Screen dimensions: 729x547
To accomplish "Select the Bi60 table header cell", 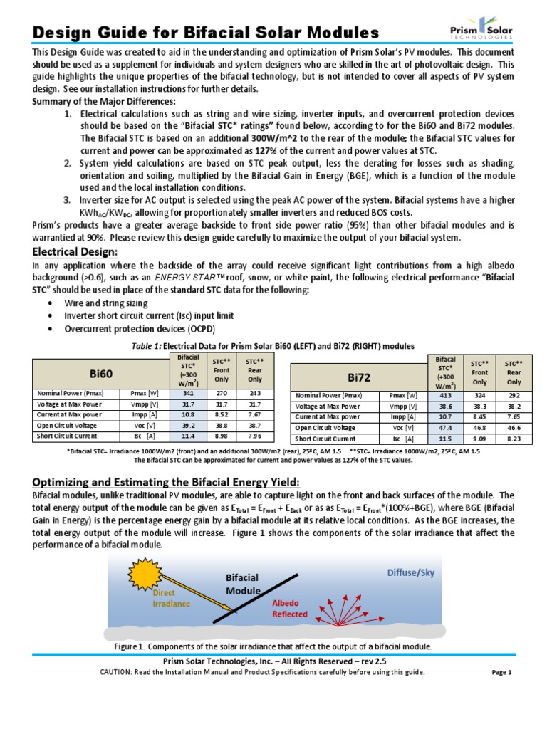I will point(101,372).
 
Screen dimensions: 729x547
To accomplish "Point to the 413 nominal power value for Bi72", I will point(445,396).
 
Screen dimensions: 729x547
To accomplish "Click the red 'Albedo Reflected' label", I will point(290,608).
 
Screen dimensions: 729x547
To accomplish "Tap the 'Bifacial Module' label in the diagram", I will point(243,584).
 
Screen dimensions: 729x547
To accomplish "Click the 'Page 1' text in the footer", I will point(502,672).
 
